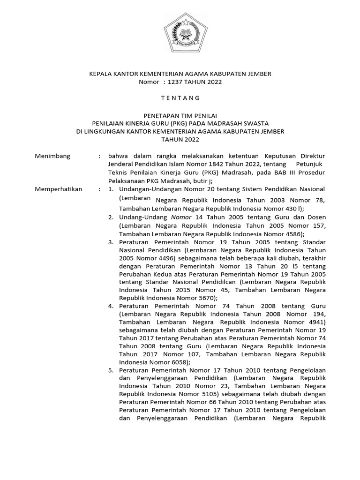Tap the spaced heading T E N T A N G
(x=180, y=98)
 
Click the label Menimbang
(x=52, y=156)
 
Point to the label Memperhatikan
(x=59, y=189)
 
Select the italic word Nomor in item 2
(x=181, y=217)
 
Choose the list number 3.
(x=111, y=242)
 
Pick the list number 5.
(x=111, y=370)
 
